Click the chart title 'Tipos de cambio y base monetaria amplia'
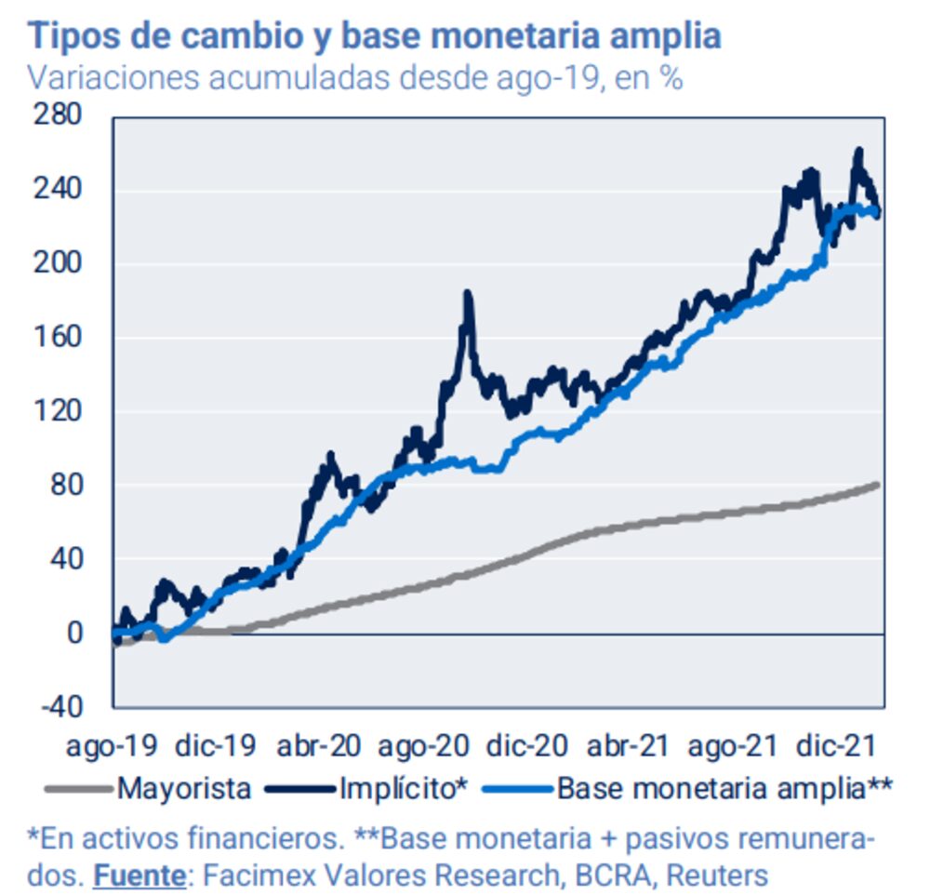374,36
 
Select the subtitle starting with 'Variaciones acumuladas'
355,78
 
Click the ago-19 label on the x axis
113,746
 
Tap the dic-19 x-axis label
215,746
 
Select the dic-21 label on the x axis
838,746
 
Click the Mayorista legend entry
183,789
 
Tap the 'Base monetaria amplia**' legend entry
724,789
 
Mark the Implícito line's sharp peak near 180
468,295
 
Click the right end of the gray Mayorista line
877,484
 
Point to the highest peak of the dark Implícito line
858,151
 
